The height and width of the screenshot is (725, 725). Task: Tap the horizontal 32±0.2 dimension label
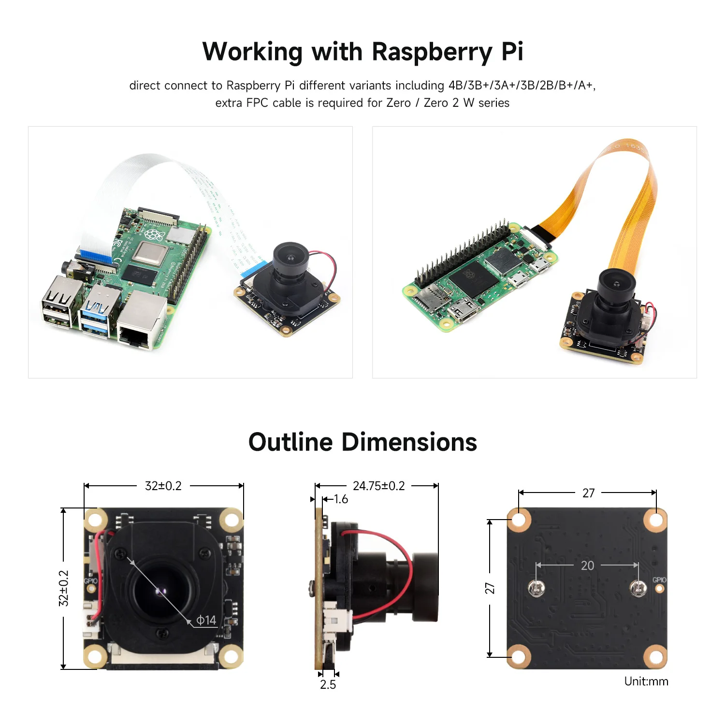click(163, 486)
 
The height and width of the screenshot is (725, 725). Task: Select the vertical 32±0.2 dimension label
click(64, 588)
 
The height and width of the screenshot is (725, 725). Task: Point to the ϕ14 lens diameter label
click(206, 620)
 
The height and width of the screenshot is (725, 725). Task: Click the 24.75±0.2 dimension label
click(378, 486)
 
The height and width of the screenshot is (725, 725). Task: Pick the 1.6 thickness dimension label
click(341, 499)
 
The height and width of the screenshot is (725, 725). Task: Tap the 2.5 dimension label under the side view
click(328, 684)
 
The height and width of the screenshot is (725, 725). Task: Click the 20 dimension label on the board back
click(587, 565)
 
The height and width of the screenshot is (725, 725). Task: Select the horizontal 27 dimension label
click(588, 493)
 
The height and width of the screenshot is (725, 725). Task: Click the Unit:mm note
click(646, 681)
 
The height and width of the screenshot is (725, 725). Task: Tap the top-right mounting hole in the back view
click(655, 520)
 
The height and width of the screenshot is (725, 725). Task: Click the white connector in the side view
click(333, 619)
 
